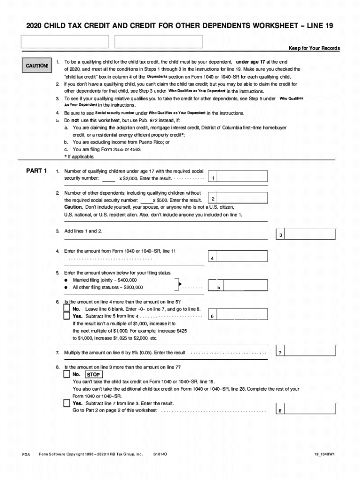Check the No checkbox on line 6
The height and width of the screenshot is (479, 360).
[67, 309]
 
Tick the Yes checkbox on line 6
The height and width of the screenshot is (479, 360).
[67, 316]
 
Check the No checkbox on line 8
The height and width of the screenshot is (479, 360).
[67, 375]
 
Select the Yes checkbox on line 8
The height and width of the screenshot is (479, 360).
[67, 403]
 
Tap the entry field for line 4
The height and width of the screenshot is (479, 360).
[243, 258]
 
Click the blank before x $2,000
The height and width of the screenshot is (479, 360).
[108, 179]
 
